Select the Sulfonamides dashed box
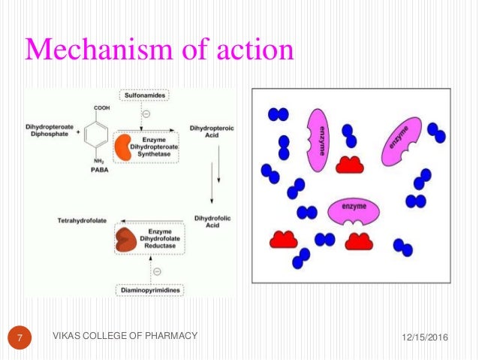142,95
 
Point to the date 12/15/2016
421,337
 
